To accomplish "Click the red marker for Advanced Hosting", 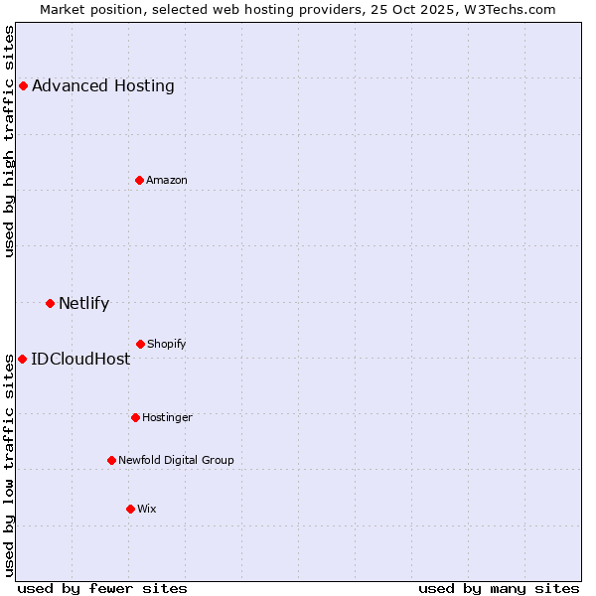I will tap(23, 85).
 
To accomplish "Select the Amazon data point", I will tap(139, 180).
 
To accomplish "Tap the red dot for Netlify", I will tap(50, 303).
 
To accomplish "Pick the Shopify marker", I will tap(140, 344).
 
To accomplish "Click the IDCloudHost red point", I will tap(22, 359).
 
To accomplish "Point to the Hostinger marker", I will tap(135, 417).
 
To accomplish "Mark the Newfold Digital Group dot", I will tap(111, 460).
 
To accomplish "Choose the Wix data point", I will tap(130, 509).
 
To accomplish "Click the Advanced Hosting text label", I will tap(103, 85).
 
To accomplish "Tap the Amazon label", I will tap(167, 180).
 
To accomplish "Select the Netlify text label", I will tap(84, 303).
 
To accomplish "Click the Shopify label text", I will tap(167, 344).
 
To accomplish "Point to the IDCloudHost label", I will tap(80, 359).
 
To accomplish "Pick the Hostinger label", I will tap(167, 417).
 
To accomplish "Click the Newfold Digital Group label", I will tap(176, 460).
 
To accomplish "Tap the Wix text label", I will tap(147, 509).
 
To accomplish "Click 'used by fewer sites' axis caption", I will tap(102, 588).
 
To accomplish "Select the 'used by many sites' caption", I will tap(499, 588).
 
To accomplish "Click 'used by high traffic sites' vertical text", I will tap(10, 141).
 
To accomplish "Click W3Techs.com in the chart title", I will tap(508, 9).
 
